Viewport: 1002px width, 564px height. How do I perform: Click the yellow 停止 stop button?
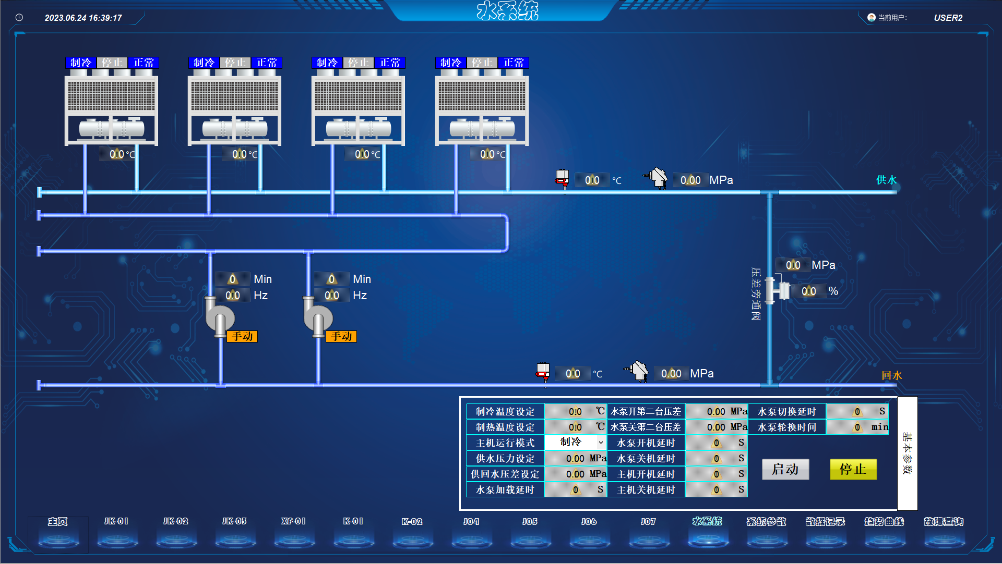[853, 469]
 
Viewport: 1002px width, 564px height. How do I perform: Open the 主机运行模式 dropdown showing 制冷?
[575, 442]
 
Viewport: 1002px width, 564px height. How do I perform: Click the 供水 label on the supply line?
[886, 180]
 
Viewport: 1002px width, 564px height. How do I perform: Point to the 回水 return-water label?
[891, 375]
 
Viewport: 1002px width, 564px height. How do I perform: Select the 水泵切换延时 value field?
[856, 412]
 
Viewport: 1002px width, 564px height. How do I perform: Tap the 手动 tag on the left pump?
[242, 336]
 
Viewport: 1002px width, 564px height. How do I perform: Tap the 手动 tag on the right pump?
[341, 336]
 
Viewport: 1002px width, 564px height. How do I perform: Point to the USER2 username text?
[948, 18]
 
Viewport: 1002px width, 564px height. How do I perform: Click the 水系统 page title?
[507, 10]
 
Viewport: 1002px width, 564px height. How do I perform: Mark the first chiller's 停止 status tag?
[112, 63]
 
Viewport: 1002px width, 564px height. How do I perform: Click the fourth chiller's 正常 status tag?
[514, 63]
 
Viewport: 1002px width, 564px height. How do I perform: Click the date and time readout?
[83, 18]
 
